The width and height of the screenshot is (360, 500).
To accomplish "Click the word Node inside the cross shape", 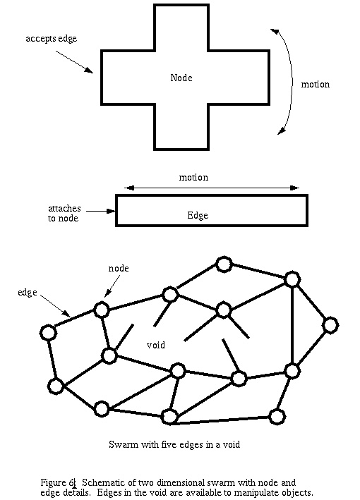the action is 181,78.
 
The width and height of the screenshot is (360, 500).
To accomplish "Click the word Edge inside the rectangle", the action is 198,215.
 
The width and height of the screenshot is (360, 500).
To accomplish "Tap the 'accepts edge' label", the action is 51,39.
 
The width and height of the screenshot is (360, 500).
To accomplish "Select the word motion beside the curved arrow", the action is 316,84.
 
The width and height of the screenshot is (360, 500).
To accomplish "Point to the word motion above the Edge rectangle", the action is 193,177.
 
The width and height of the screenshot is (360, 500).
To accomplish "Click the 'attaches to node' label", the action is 64,214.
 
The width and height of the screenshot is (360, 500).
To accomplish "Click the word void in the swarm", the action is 156,345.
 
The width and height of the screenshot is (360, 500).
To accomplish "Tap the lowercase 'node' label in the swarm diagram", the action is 119,268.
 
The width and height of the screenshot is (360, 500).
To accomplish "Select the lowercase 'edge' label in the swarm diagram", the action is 27,293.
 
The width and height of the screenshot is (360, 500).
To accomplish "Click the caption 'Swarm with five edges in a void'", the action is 174,444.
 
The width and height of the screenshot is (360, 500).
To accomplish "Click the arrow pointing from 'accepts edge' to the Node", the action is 74,62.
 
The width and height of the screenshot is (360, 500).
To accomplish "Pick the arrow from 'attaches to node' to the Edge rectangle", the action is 100,211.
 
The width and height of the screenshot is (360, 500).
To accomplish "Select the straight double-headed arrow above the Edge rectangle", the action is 212,188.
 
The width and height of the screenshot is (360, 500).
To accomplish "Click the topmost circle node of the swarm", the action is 224,264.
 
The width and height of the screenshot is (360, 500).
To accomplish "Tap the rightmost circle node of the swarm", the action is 330,325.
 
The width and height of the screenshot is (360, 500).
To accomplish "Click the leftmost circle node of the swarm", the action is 48,333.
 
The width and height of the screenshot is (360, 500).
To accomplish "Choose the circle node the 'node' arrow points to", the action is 102,310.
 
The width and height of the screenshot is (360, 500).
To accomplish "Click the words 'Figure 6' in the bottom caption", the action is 57,483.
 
